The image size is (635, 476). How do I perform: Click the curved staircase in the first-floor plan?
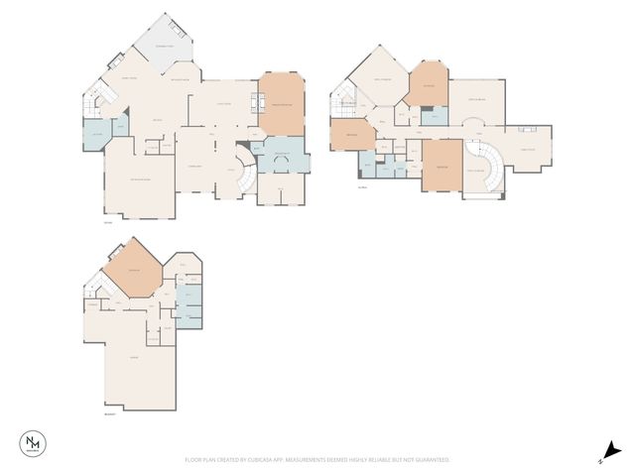pos(243,176)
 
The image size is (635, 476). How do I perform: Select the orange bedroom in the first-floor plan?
pos(282,104)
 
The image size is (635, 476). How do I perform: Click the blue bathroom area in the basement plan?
pos(190,303)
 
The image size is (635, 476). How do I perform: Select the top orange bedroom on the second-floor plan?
pos(430,87)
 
